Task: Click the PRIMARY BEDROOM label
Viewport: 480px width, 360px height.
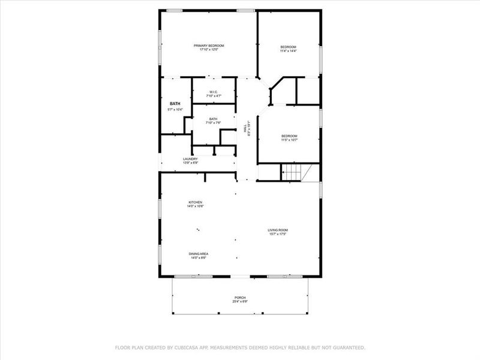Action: point(209,46)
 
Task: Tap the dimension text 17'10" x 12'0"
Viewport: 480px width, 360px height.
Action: point(209,50)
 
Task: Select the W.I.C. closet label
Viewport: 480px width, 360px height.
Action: point(214,92)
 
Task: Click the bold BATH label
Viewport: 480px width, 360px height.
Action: point(175,103)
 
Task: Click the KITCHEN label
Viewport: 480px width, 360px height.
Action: point(196,202)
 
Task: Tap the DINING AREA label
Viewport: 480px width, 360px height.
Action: point(199,254)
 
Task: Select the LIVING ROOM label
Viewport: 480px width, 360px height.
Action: point(278,230)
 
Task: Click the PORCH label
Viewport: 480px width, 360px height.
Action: point(240,298)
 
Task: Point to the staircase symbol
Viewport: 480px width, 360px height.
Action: point(292,172)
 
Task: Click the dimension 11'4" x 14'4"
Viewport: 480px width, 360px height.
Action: point(289,51)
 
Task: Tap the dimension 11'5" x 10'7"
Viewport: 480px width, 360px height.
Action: point(289,140)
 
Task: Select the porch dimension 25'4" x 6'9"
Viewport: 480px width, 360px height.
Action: point(240,302)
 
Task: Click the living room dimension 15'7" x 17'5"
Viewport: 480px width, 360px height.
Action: point(278,234)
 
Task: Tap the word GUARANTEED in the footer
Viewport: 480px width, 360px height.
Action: point(346,347)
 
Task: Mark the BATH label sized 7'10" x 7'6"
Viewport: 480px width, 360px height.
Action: point(214,119)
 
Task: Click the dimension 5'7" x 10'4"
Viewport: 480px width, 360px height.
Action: point(175,109)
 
